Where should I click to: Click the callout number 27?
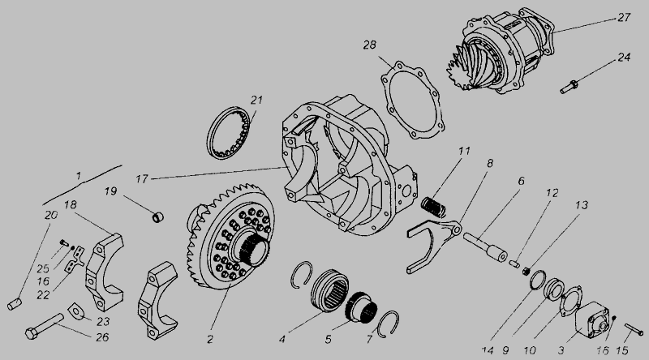pyautogui.click(x=623, y=17)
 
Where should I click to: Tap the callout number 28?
pyautogui.click(x=370, y=45)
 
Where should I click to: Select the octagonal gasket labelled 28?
pyautogui.click(x=413, y=100)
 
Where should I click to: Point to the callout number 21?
pyautogui.click(x=256, y=101)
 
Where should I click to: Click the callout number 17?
pyautogui.click(x=142, y=179)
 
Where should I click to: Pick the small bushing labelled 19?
pyautogui.click(x=157, y=216)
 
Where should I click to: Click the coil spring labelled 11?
pyautogui.click(x=433, y=207)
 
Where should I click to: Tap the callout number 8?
pyautogui.click(x=490, y=164)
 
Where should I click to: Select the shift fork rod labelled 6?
pyautogui.click(x=485, y=246)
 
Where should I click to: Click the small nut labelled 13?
pyautogui.click(x=527, y=272)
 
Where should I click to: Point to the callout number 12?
pyautogui.click(x=552, y=193)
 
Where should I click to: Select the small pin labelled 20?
pyautogui.click(x=15, y=304)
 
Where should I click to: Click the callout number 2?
pyautogui.click(x=210, y=339)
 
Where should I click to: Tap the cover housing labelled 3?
pyautogui.click(x=592, y=319)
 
